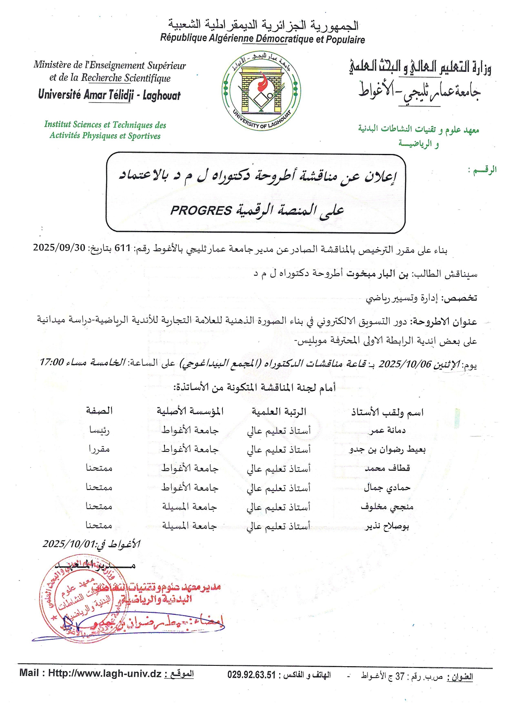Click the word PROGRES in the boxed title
click(x=201, y=211)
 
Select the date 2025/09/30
click(x=59, y=247)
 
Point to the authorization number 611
click(x=122, y=248)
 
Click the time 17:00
click(x=51, y=362)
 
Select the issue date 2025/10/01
click(x=69, y=544)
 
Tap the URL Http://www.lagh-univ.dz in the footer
click(x=105, y=673)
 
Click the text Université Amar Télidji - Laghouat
click(x=109, y=95)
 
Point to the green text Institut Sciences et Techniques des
click(x=105, y=125)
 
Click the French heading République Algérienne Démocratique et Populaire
click(x=262, y=39)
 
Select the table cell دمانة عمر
click(x=387, y=430)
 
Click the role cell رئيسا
click(x=99, y=430)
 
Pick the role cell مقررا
click(x=99, y=449)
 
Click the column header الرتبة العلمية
click(x=279, y=412)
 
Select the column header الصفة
click(x=99, y=411)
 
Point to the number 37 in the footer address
click(x=400, y=676)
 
